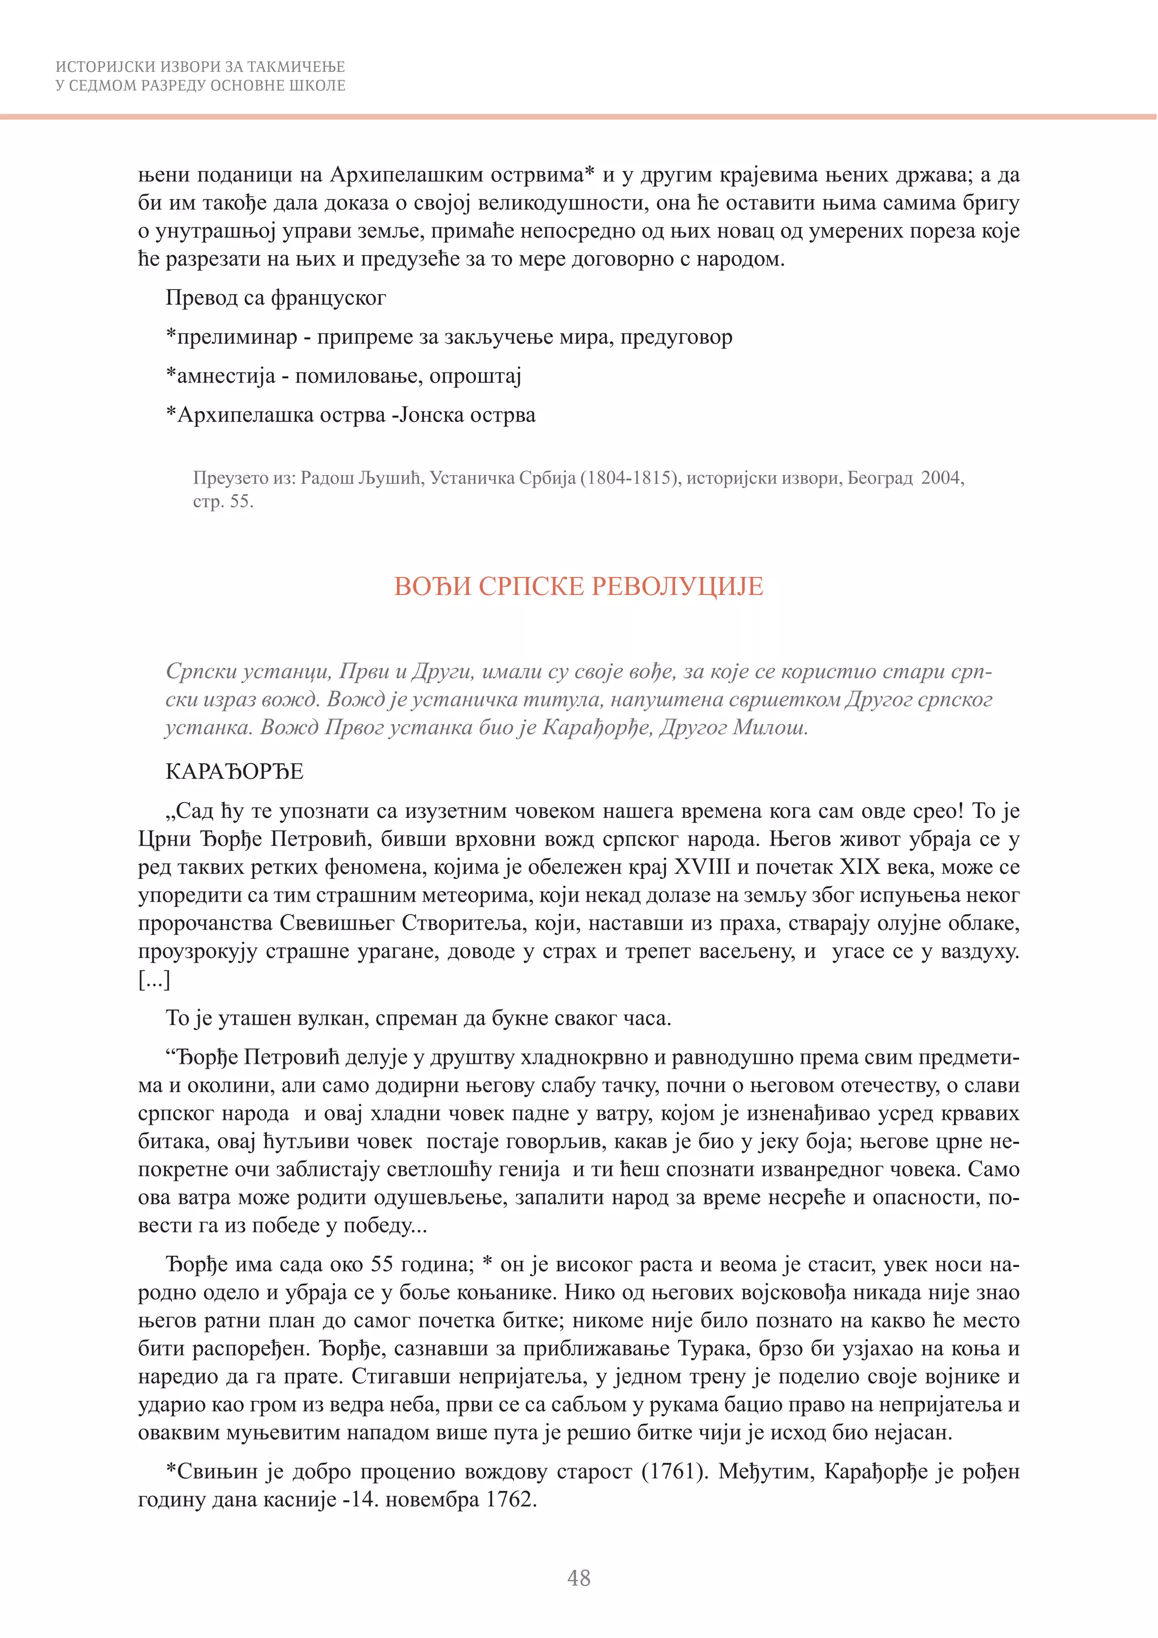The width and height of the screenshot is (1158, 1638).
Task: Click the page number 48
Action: point(578,1577)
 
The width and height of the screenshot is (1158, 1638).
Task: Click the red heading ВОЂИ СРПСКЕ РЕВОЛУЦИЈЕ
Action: point(578,587)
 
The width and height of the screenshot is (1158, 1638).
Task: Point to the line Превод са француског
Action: point(276,298)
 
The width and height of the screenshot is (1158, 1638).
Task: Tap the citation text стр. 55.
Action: point(222,502)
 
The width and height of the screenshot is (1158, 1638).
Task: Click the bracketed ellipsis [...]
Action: point(154,980)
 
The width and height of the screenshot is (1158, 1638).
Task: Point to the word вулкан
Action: point(329,1018)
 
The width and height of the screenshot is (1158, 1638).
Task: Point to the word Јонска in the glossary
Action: point(431,415)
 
